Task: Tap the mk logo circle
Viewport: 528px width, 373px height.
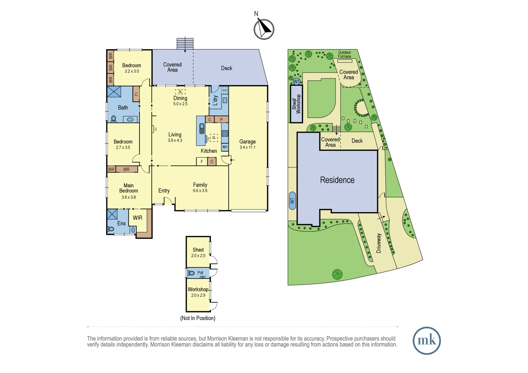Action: pos(426,341)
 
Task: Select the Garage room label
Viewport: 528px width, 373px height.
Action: pos(247,142)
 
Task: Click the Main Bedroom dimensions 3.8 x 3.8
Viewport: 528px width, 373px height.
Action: pos(129,197)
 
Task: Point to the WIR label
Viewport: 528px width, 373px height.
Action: pos(138,218)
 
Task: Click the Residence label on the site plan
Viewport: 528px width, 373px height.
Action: pos(337,180)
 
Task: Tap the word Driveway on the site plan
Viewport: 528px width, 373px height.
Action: pos(379,243)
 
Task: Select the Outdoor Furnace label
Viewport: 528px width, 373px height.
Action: pos(345,55)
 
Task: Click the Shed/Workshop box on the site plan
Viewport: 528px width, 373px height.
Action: pos(296,104)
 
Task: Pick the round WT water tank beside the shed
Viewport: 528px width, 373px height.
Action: pos(296,82)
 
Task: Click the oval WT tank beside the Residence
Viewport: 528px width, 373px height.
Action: pos(292,201)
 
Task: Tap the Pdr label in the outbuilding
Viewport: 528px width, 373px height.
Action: pos(200,272)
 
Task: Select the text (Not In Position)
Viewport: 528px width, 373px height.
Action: pos(198,318)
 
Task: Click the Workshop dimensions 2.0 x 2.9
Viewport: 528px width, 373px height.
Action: pos(198,295)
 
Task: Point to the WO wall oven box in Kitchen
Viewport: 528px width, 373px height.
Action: pos(225,147)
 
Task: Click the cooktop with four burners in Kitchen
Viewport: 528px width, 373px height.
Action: pos(225,134)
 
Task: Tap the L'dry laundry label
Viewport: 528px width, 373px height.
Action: pos(215,100)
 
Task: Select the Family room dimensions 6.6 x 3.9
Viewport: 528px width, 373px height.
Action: pos(200,191)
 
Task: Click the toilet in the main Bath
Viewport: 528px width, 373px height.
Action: pos(113,119)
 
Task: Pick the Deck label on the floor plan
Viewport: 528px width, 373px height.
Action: pos(227,68)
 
